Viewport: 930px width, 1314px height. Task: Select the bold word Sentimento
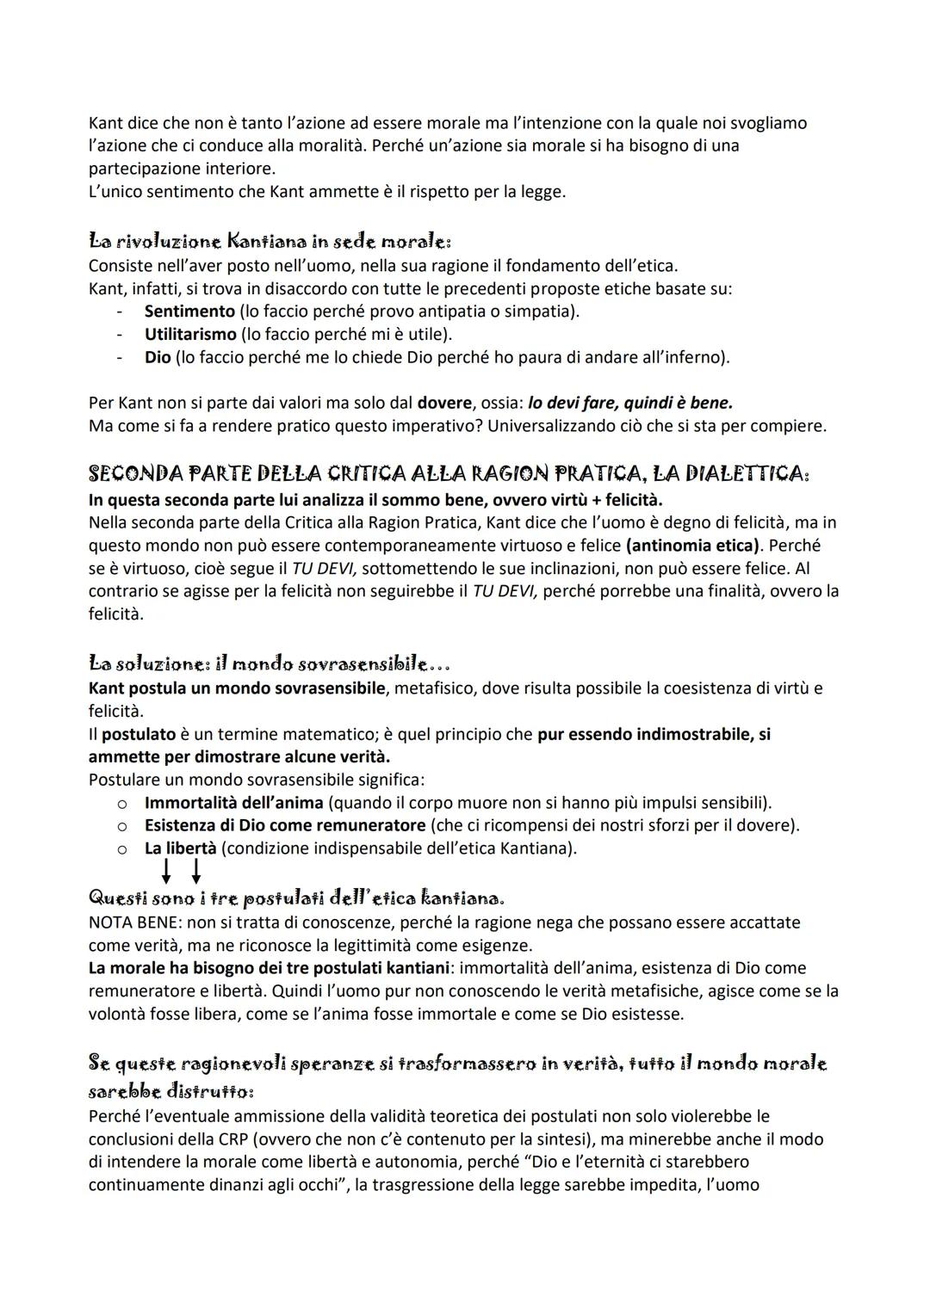point(189,311)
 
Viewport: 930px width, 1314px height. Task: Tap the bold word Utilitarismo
point(190,334)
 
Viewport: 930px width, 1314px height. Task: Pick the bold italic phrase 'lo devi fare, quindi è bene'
point(630,403)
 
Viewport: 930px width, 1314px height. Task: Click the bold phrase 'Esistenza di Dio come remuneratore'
point(285,825)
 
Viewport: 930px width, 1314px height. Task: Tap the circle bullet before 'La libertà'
point(122,848)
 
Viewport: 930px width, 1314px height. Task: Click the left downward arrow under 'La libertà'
point(166,873)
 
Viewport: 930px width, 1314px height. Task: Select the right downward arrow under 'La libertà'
point(196,873)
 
